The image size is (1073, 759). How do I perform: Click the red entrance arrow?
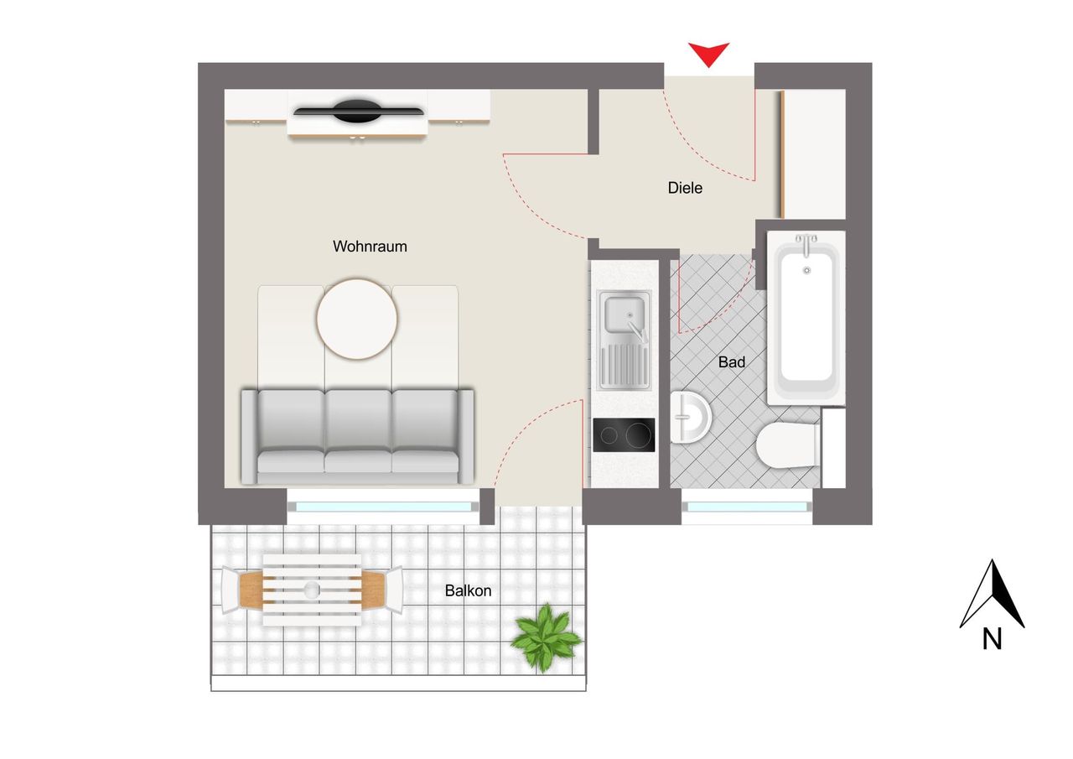[708, 54]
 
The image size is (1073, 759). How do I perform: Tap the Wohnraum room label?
[370, 247]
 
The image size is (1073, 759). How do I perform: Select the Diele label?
[685, 188]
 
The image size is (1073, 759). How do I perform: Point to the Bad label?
[732, 361]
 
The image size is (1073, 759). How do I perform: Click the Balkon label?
[468, 590]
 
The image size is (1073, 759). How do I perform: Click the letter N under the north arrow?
[992, 639]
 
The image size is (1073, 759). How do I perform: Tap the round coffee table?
[357, 320]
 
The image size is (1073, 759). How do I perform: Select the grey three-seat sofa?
[357, 436]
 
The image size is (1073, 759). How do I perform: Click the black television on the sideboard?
[358, 112]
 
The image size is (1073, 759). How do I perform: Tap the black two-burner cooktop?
[624, 435]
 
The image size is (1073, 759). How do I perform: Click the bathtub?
[806, 318]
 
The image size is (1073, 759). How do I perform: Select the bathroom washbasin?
[690, 417]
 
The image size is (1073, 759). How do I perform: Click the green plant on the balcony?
[546, 637]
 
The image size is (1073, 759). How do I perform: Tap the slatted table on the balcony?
[312, 590]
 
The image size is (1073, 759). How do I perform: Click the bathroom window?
[747, 507]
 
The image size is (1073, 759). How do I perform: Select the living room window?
[383, 507]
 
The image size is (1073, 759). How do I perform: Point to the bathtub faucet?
[806, 244]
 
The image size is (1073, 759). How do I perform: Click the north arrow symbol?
[992, 594]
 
